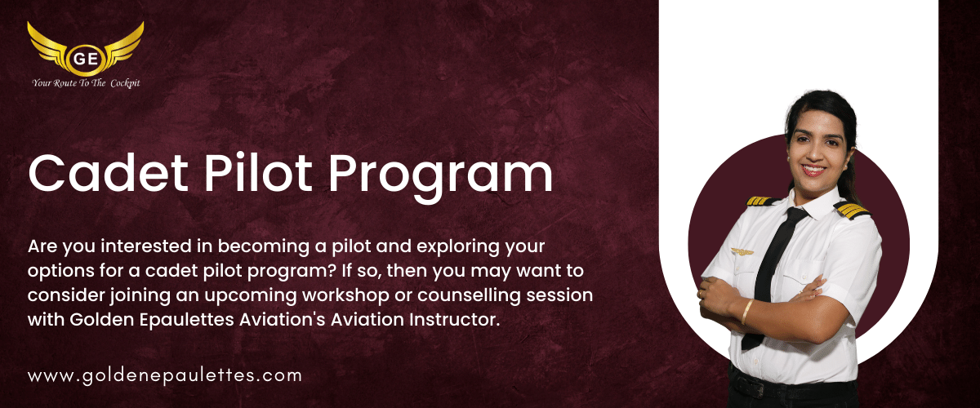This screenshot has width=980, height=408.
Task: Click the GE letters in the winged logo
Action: [85, 58]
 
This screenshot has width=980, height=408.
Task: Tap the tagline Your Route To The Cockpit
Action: [86, 83]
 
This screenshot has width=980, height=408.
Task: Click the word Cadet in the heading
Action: [109, 173]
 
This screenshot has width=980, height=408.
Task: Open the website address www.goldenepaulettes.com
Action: [165, 376]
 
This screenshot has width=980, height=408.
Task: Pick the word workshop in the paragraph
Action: [345, 295]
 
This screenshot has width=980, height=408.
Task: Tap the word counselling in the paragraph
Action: [469, 295]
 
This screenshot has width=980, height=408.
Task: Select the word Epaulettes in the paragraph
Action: [187, 321]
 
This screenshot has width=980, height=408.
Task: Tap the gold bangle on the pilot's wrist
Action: [747, 312]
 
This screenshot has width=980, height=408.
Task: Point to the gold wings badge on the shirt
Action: [742, 251]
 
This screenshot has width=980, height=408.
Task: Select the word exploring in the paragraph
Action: [457, 247]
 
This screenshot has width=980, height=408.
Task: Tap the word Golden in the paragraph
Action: [102, 320]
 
